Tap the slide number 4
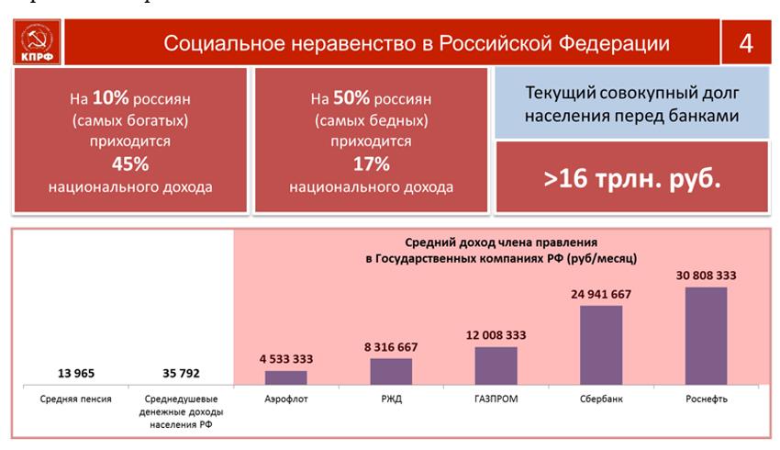point(744,43)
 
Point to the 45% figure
point(129,164)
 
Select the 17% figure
point(371,164)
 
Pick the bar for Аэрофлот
point(286,377)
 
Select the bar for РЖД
point(391,371)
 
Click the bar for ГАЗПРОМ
point(496,365)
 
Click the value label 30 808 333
point(706,275)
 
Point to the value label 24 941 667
point(601,294)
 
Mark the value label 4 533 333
point(286,359)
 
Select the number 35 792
point(181,374)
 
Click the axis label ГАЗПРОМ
point(496,400)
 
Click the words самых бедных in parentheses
point(372,120)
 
